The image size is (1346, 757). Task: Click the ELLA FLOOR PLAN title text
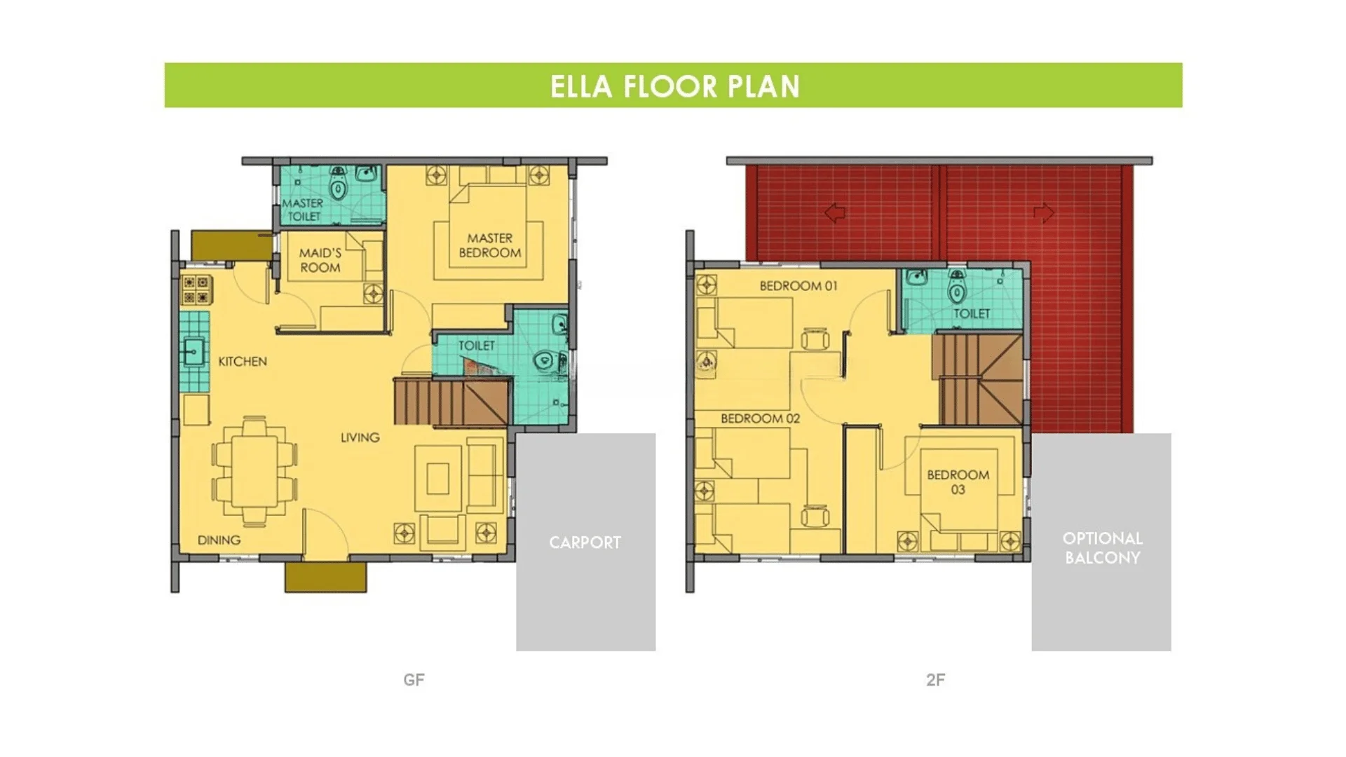coord(674,86)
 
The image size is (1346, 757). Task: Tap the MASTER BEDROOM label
coord(490,245)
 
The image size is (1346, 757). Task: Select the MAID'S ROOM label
coord(320,260)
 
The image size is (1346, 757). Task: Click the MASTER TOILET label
coord(303,210)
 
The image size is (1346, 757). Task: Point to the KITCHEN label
coord(243,362)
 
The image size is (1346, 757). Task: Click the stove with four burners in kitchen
coord(196,290)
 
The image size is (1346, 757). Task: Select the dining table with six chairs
coord(254,470)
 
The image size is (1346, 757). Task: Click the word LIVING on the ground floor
coord(360,437)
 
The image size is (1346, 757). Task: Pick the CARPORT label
coord(585,543)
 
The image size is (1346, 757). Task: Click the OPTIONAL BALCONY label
coord(1102,548)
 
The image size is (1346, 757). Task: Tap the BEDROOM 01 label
coord(798,286)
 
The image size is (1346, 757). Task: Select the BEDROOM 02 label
coord(761,418)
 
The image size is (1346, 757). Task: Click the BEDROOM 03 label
coord(958,482)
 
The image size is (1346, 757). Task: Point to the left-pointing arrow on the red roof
coord(834,212)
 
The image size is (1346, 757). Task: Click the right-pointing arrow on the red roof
coord(1043,212)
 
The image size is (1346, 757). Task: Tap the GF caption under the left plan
coord(414,679)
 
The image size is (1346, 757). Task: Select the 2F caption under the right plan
coord(935,679)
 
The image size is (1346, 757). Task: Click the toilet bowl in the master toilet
coord(339,186)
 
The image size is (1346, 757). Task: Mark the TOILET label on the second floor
coord(972,314)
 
